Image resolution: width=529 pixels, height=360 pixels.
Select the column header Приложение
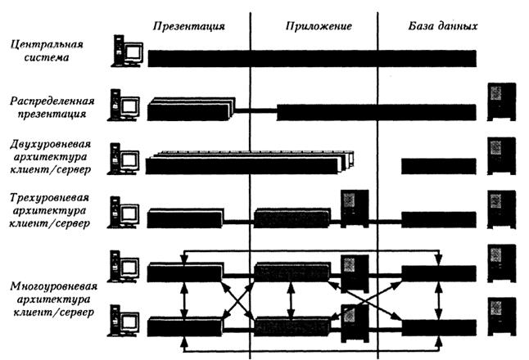click(x=319, y=25)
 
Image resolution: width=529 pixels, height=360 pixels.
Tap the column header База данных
click(x=443, y=25)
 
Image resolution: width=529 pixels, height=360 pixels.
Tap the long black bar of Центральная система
click(x=311, y=59)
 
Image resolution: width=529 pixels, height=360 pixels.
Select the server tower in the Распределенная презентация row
click(x=500, y=100)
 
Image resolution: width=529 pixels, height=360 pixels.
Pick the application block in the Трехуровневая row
click(x=292, y=218)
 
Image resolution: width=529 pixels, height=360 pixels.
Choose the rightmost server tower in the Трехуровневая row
click(x=500, y=208)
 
